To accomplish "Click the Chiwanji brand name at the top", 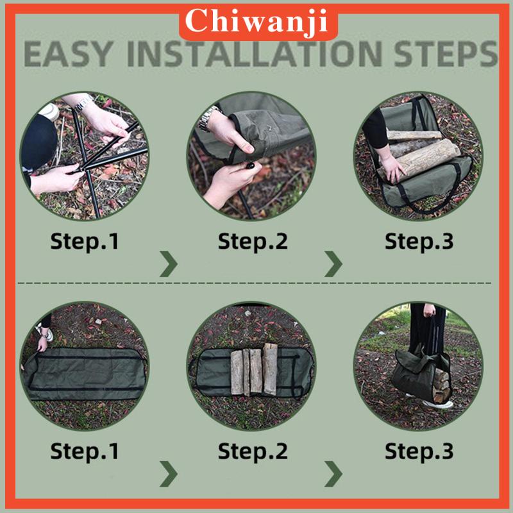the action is click(x=256, y=22).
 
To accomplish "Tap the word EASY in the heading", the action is click(x=68, y=54).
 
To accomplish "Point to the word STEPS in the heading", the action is click(x=446, y=54).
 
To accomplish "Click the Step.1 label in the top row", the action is click(x=85, y=242).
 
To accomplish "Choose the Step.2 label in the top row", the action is click(x=253, y=242).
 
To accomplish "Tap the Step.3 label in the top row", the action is click(x=419, y=242).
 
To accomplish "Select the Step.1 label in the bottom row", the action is click(x=85, y=451).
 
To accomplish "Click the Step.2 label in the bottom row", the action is click(x=253, y=451).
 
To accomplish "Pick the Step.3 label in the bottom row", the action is click(x=419, y=451).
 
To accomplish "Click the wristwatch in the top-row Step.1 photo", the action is click(x=84, y=103).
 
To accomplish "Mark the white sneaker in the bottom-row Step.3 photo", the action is click(x=438, y=405).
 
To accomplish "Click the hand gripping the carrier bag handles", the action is click(x=430, y=310).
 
